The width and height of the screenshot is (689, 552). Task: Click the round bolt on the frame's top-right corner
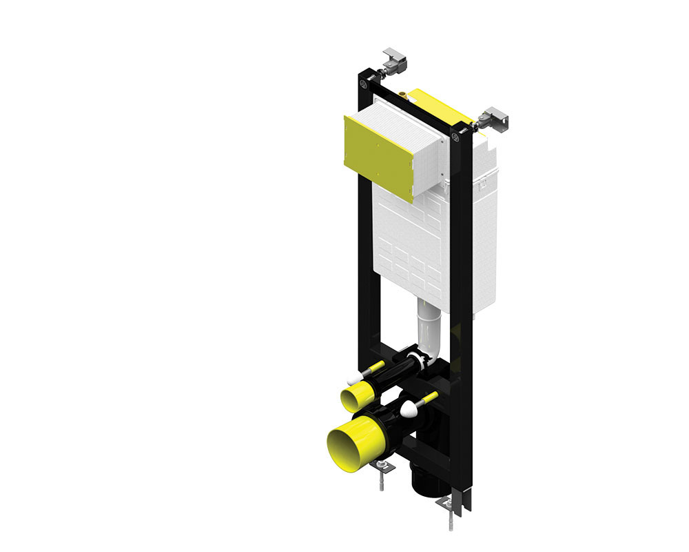click(x=457, y=137)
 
